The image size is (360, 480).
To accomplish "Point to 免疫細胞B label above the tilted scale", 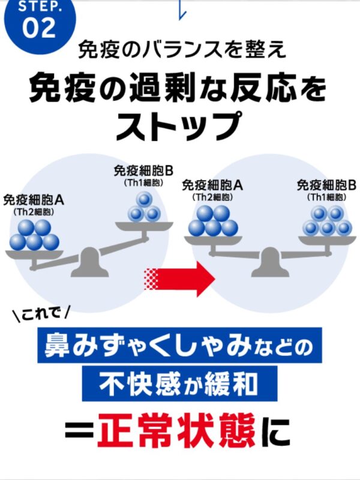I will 143,170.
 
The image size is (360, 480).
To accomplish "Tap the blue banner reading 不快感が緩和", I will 180,382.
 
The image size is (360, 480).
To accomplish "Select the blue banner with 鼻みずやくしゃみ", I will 180,346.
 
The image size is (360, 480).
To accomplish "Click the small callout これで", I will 41,313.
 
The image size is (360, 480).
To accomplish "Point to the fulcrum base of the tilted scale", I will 89,265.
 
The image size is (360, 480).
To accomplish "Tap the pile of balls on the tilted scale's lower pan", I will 34,235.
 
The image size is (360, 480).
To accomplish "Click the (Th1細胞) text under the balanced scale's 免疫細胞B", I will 326,196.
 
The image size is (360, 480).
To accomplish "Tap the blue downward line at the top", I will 181,8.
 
